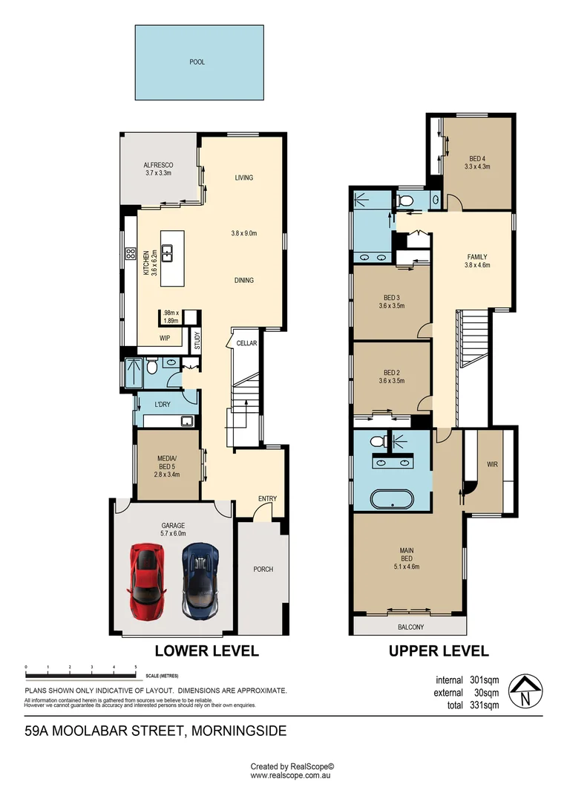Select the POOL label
click(x=197, y=62)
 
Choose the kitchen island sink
click(x=168, y=253)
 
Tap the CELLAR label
click(x=246, y=343)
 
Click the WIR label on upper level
click(x=492, y=465)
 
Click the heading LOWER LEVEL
click(x=206, y=651)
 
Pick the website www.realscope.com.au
click(x=289, y=775)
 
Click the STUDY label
click(x=197, y=340)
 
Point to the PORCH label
click(x=263, y=570)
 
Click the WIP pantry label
click(x=165, y=336)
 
